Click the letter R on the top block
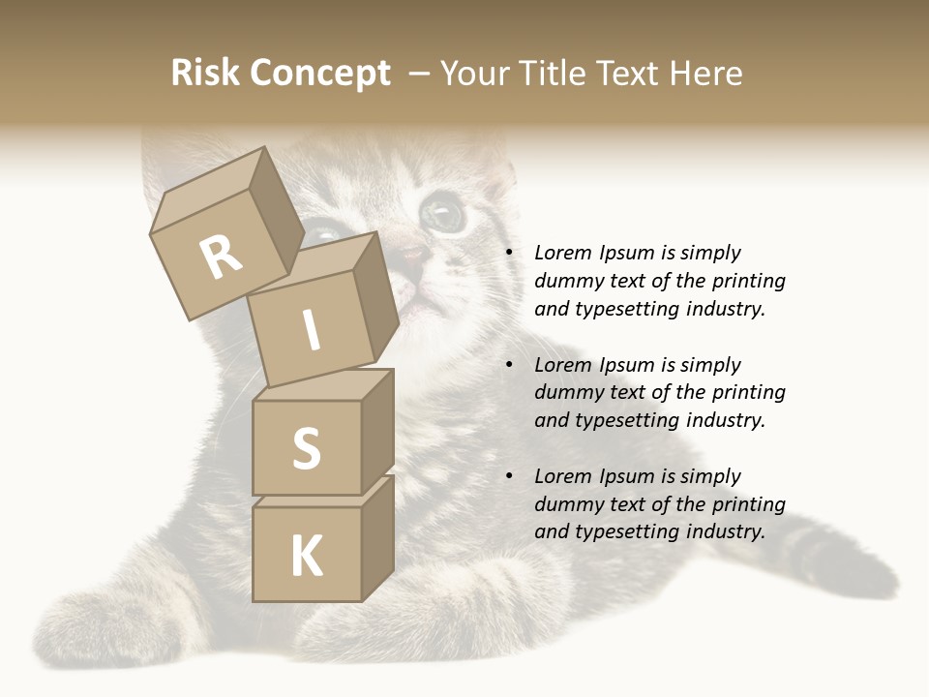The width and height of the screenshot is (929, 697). tap(221, 258)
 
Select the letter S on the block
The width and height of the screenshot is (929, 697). tap(306, 448)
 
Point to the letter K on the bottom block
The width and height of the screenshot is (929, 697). tap(306, 557)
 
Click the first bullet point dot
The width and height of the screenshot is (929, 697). tap(508, 254)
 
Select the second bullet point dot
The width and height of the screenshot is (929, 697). tap(508, 366)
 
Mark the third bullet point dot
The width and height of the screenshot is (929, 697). tap(508, 477)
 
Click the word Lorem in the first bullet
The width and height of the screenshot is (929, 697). tap(562, 254)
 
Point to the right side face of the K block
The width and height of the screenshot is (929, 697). tap(377, 542)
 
